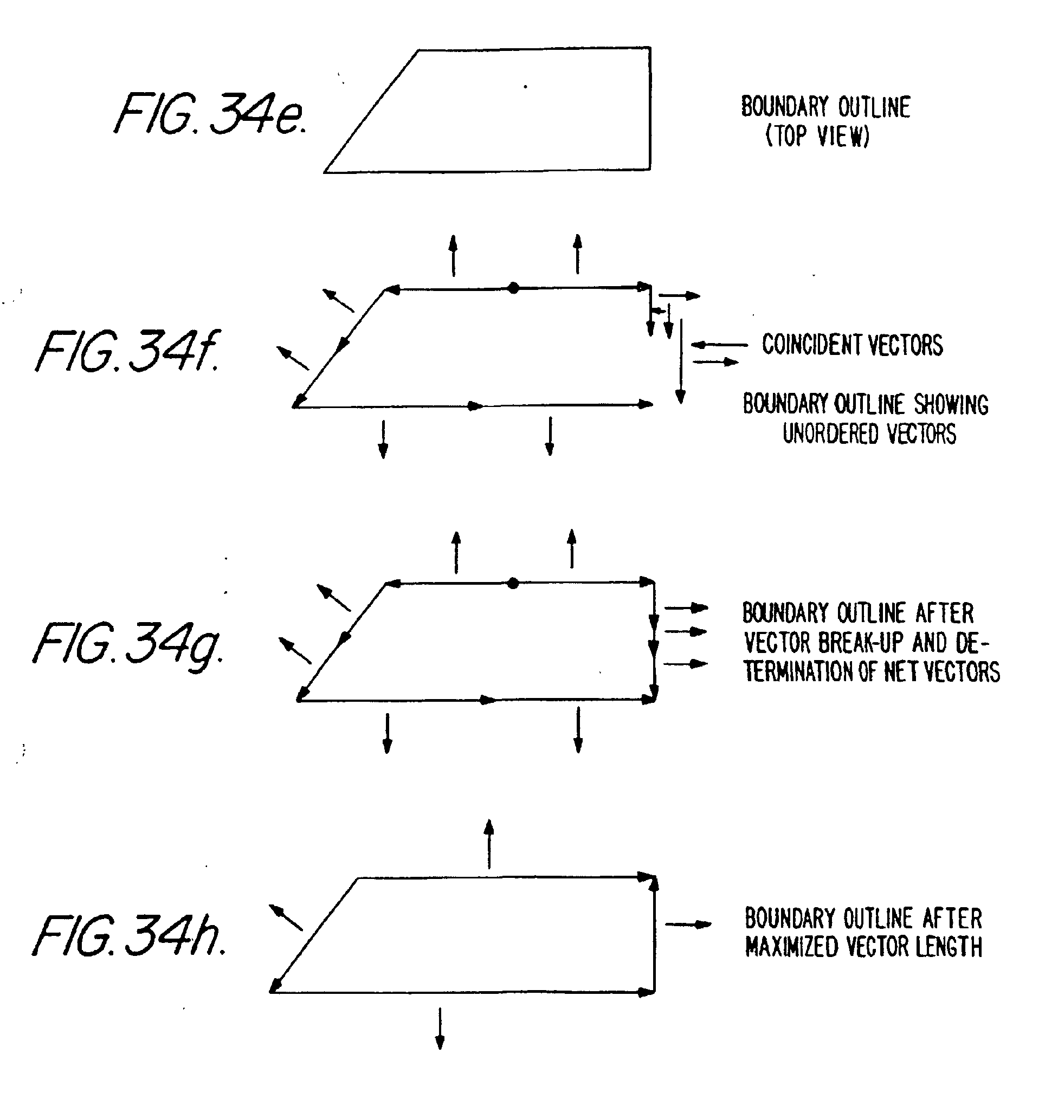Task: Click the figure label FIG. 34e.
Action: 210,114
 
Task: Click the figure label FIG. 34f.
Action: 128,351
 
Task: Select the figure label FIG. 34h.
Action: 129,936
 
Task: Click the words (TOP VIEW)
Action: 817,135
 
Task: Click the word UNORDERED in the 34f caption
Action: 823,434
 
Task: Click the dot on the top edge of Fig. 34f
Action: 513,288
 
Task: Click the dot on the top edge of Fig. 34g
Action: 512,583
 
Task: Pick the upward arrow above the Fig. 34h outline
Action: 489,843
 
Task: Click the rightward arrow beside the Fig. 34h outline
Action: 688,924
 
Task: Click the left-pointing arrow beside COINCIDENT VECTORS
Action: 719,345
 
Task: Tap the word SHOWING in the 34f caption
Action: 951,404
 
